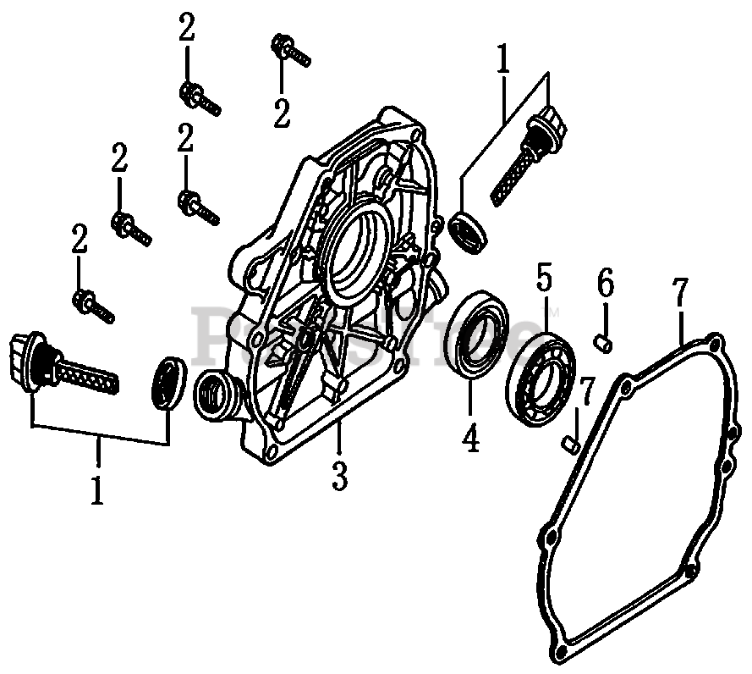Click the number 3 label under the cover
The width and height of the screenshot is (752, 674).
coord(338,476)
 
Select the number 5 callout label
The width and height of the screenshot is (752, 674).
coord(544,278)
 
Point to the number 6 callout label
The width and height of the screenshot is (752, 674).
coord(604,284)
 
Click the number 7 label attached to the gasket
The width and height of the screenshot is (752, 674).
coord(680,296)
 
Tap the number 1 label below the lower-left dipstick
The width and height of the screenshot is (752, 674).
coord(97,489)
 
